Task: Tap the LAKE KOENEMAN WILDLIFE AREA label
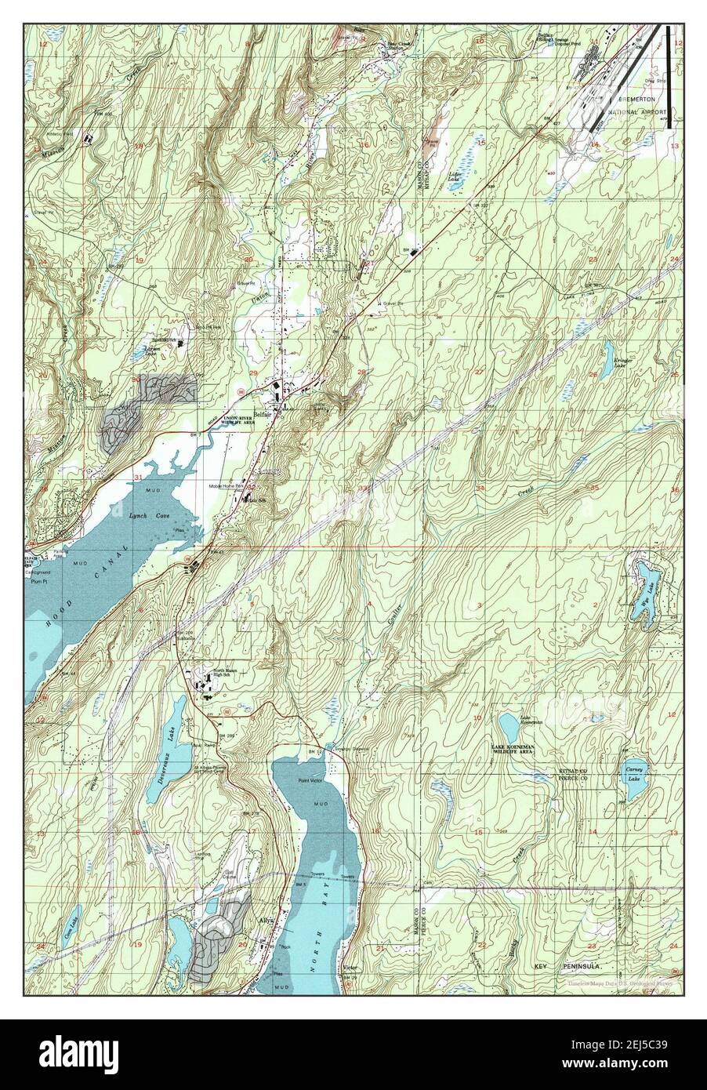(518, 748)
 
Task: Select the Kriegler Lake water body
(608, 353)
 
